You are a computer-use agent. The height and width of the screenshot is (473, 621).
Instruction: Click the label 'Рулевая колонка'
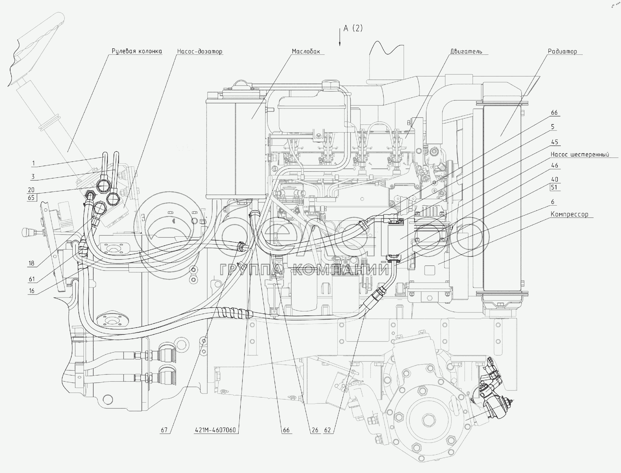[x=137, y=51]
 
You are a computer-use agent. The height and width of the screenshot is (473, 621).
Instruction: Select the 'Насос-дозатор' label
[x=200, y=51]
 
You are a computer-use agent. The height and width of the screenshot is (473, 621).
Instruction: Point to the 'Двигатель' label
[x=466, y=51]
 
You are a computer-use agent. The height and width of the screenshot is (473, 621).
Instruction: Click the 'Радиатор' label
[x=563, y=51]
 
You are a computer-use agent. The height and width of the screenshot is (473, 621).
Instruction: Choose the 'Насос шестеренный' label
[x=580, y=155]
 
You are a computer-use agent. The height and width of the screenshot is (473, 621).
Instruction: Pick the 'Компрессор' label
[x=570, y=214]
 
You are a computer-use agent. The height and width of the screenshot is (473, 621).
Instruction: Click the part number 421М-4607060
[x=215, y=430]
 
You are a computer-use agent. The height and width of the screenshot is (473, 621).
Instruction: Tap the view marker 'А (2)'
[x=353, y=28]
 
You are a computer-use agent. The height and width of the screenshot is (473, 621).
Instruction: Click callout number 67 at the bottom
[x=165, y=430]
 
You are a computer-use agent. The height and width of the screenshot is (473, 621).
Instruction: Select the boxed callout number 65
[x=31, y=198]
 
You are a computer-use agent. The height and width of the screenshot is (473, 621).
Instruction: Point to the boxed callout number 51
[x=554, y=188]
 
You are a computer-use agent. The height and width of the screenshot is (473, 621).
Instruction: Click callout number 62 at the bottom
[x=327, y=430]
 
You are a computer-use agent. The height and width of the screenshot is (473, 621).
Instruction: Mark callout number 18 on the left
[x=31, y=263]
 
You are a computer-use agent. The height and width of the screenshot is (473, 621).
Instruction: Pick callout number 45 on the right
[x=554, y=142]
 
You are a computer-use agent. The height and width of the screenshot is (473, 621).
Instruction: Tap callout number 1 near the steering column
[x=33, y=164]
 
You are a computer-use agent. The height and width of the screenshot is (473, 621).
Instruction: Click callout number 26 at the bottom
[x=315, y=430]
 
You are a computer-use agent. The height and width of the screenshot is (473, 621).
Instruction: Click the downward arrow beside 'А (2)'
[x=340, y=37]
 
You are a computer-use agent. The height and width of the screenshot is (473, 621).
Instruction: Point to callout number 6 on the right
[x=553, y=202]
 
